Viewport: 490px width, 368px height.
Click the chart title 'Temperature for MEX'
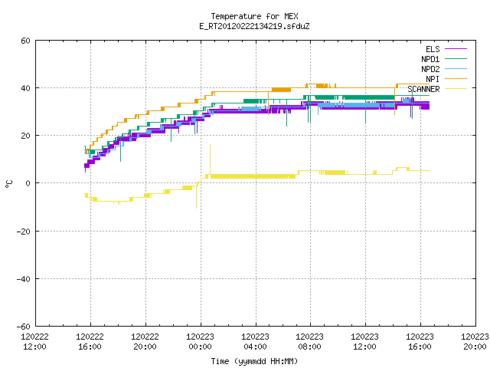point(254,16)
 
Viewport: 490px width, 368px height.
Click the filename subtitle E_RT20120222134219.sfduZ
point(254,26)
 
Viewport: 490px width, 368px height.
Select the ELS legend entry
point(433,49)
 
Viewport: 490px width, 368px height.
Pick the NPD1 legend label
point(430,59)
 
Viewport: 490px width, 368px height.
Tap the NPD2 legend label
point(430,69)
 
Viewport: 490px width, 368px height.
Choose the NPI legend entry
point(433,79)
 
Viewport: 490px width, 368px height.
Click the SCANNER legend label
point(423,89)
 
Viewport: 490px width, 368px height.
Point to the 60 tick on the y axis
point(25,41)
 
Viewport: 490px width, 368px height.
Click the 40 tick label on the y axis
point(25,88)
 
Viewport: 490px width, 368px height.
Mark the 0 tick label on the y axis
point(28,183)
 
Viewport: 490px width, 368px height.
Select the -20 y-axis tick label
point(24,232)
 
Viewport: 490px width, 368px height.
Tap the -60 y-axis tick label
point(24,327)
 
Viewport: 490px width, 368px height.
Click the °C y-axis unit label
point(9,184)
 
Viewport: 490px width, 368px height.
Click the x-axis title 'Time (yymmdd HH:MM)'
point(254,361)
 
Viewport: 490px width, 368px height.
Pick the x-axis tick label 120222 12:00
point(35,342)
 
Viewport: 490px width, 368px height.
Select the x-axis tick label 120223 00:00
point(201,342)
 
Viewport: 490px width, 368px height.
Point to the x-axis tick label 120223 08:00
point(310,342)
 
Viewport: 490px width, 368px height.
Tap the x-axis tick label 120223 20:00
point(475,342)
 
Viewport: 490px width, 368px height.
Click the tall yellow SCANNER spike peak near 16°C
point(210,145)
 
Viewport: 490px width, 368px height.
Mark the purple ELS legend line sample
point(456,49)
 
